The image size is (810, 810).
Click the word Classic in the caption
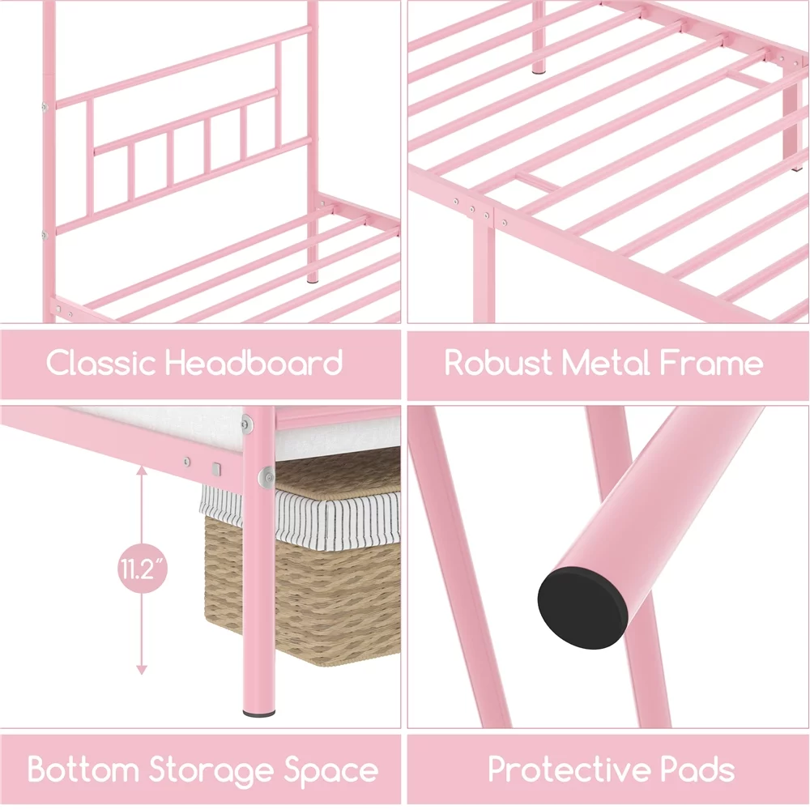(x=100, y=362)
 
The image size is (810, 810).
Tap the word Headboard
(x=254, y=362)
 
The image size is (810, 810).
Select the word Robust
(x=498, y=363)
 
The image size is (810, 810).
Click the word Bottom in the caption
(x=83, y=769)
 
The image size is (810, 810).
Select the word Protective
(x=569, y=769)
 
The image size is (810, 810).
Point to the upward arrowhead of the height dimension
(x=142, y=469)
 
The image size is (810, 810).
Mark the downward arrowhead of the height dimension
(x=142, y=670)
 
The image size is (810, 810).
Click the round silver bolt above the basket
(x=266, y=478)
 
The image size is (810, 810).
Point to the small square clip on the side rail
(x=216, y=469)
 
